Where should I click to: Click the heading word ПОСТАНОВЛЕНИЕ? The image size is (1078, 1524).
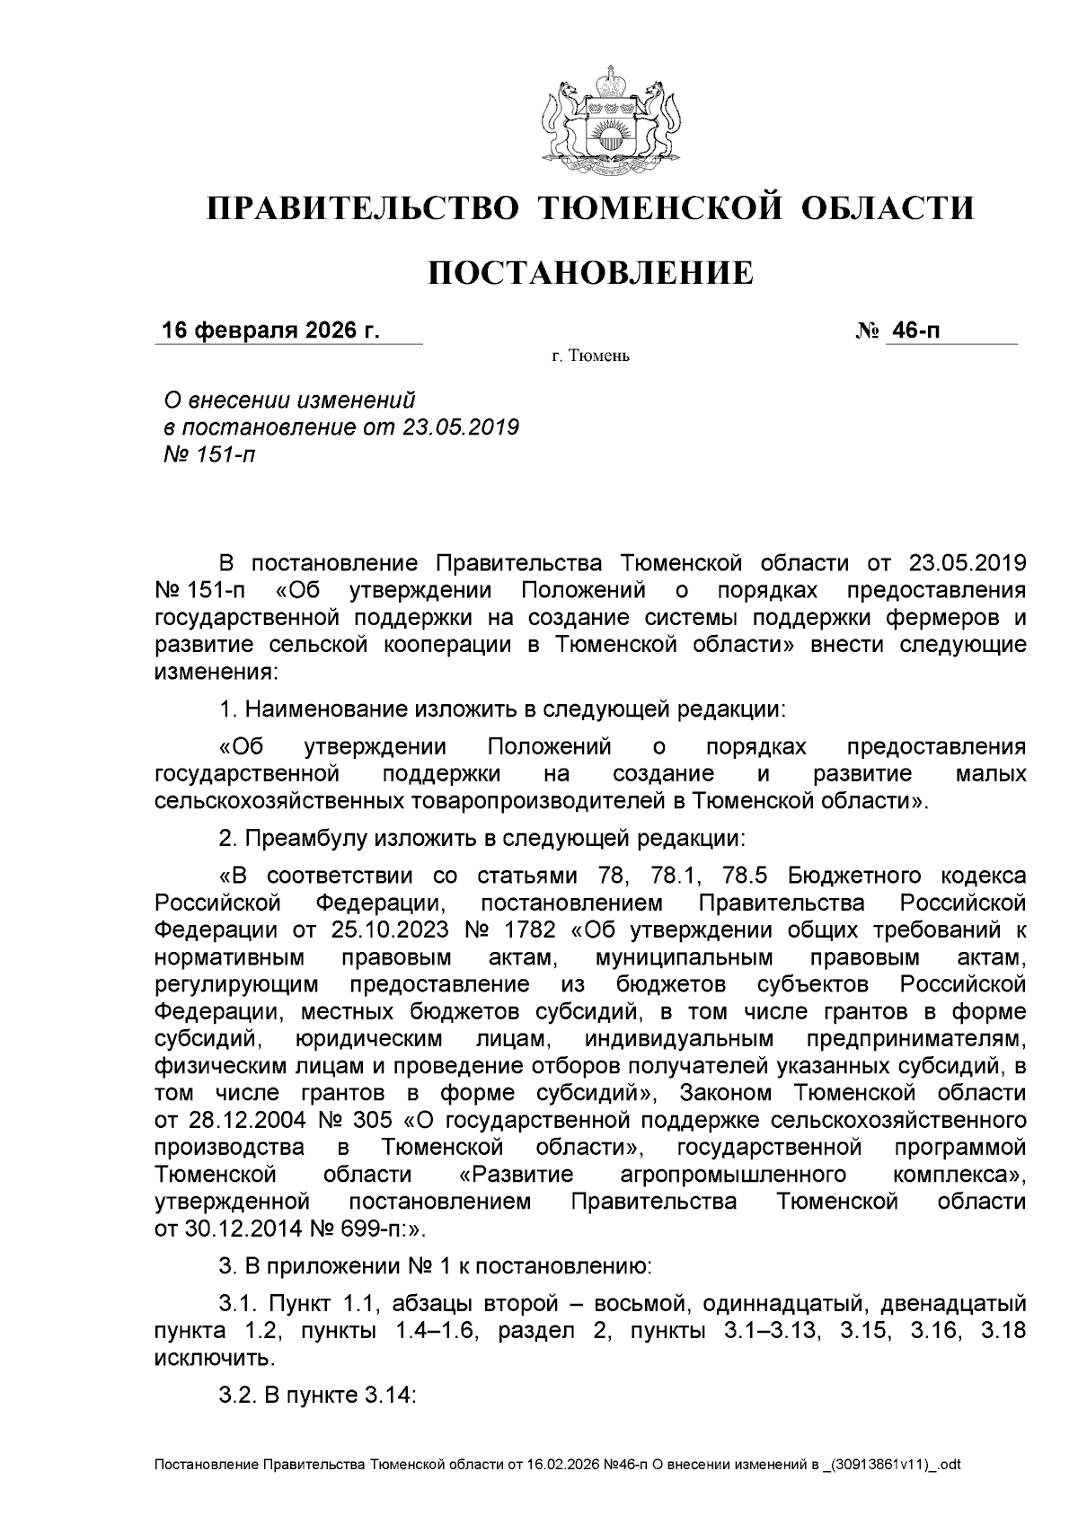(590, 273)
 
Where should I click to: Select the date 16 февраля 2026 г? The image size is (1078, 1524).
(270, 330)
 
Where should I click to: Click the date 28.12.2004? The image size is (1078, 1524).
(236, 1120)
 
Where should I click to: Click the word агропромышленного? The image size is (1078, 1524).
(734, 1175)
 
